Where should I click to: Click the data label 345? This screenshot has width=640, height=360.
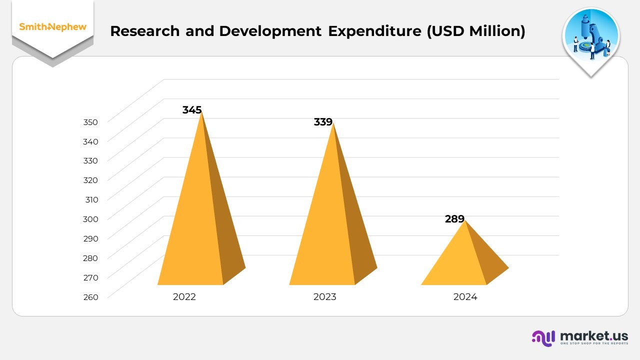(x=192, y=110)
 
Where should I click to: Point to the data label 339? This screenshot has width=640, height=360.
(x=323, y=122)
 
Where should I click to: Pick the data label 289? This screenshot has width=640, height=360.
(x=454, y=219)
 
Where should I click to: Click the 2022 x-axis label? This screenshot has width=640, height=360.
(x=184, y=297)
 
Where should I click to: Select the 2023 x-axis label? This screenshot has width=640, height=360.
(x=325, y=297)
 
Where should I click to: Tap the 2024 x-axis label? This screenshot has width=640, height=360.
(x=465, y=297)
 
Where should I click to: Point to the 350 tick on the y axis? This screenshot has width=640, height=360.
(x=91, y=122)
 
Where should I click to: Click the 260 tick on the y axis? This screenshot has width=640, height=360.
(x=91, y=297)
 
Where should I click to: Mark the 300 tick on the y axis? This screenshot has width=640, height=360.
(x=91, y=219)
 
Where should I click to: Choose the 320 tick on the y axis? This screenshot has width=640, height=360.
(x=91, y=180)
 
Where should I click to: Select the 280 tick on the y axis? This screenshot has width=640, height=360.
(x=91, y=258)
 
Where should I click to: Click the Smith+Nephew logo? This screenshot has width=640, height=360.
(x=52, y=27)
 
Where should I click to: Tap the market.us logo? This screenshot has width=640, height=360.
(x=580, y=338)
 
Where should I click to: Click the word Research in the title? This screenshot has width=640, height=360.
(x=144, y=31)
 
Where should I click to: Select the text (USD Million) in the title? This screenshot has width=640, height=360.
(x=475, y=31)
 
